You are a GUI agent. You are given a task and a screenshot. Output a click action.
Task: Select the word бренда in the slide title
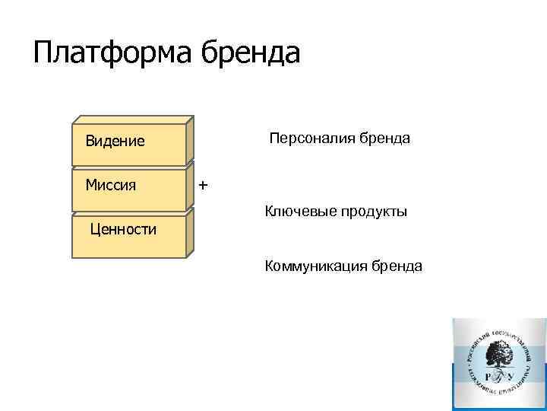coord(250,53)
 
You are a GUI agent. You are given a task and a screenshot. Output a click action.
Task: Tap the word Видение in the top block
coord(115,141)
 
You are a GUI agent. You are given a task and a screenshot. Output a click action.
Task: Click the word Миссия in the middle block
coord(111,185)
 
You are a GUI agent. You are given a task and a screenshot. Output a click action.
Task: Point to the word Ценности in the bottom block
coord(123,229)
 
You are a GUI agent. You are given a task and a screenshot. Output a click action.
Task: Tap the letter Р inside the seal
coord(487,376)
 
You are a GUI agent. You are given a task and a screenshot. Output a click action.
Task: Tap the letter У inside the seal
coord(511,376)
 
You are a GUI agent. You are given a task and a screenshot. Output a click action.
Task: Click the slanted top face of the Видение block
coord(133,119)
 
